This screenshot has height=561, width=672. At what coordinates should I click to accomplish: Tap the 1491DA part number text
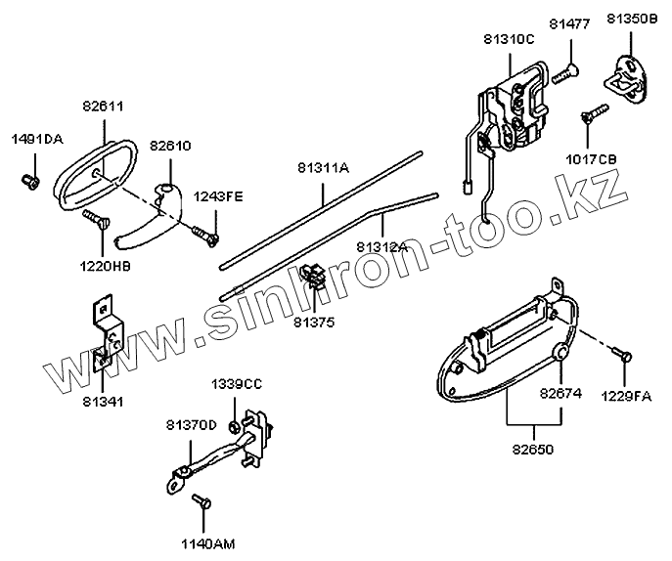coord(37,140)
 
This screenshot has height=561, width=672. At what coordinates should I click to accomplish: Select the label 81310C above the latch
coord(509,39)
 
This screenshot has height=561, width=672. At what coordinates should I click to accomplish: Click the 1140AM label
coord(208,542)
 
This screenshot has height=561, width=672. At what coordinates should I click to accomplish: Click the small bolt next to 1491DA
coord(30,181)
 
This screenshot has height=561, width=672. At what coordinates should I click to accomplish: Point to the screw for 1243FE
coord(204,233)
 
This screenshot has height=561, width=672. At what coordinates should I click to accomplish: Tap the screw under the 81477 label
coord(566,70)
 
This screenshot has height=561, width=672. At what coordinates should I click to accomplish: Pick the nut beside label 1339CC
coord(236,426)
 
